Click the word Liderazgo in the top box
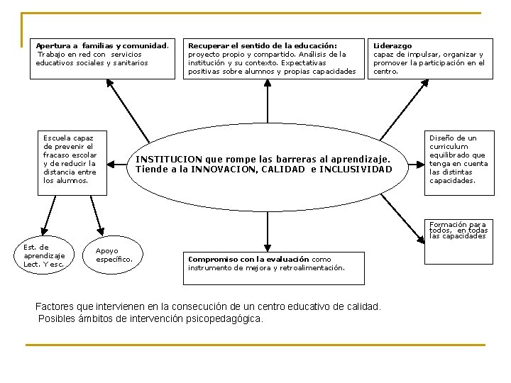392,46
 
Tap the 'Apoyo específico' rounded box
114,255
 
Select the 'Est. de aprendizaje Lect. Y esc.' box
44,255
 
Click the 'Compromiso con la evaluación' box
274,267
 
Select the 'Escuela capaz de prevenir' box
70,159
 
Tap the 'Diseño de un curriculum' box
458,159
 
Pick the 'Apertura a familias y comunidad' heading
102,46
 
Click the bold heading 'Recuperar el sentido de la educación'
262,46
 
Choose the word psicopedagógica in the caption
226,318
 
